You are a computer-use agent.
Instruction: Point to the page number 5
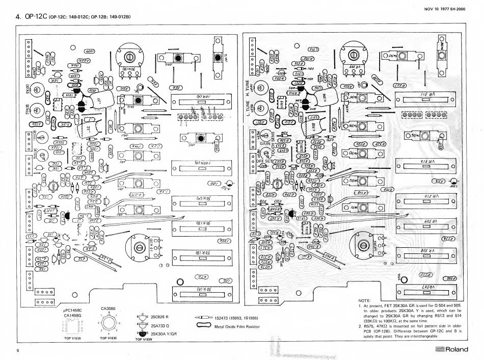(x=17, y=351)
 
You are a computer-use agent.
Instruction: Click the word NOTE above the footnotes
(x=366, y=300)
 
